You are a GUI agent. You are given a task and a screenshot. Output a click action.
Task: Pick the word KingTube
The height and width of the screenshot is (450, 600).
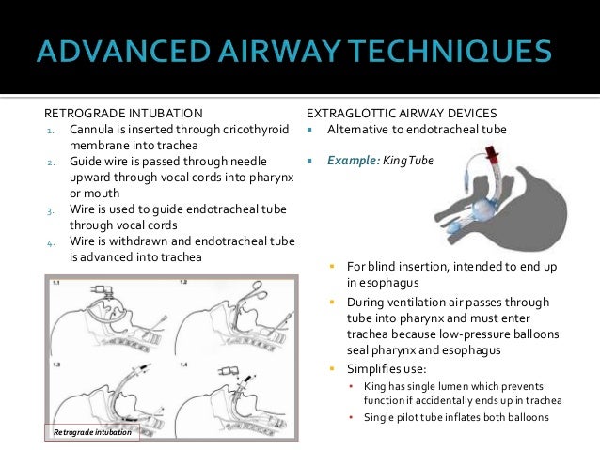click(x=408, y=161)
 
